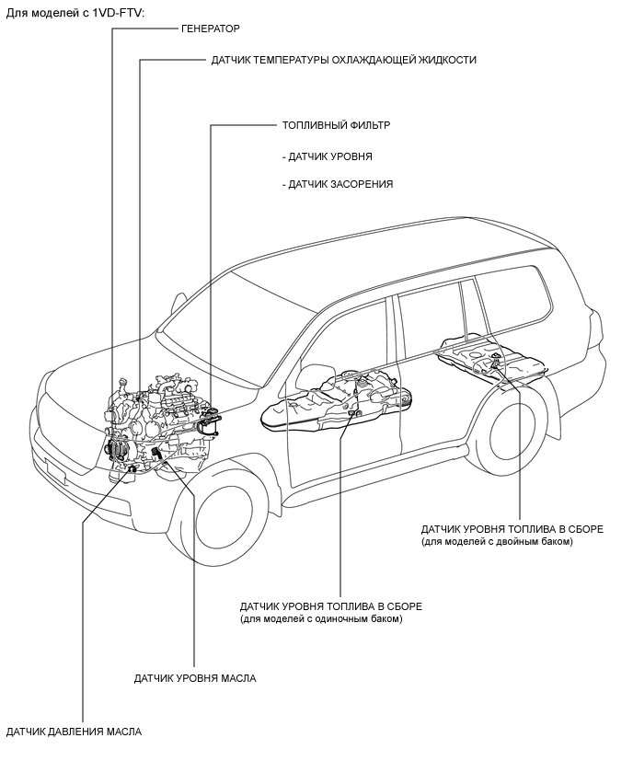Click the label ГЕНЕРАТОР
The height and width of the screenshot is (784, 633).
tap(211, 29)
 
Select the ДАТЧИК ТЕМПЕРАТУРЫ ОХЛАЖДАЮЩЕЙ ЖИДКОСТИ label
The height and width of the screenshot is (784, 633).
tap(343, 60)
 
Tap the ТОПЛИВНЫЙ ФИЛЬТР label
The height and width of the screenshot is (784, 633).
tap(336, 125)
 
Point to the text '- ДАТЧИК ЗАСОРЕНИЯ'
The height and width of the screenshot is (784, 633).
tap(338, 184)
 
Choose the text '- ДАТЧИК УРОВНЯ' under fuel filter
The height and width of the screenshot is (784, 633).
tap(327, 156)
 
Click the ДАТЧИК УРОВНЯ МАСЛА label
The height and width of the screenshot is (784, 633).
tap(195, 678)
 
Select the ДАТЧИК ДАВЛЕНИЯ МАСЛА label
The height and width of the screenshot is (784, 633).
tap(74, 732)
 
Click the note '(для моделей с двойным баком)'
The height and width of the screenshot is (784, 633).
tap(497, 541)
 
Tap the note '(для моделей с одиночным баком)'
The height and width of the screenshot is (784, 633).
tap(321, 619)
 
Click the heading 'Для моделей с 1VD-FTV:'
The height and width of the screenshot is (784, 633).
tap(75, 13)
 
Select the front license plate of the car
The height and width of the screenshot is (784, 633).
tap(55, 472)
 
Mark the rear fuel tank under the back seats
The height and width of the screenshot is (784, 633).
tap(490, 360)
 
